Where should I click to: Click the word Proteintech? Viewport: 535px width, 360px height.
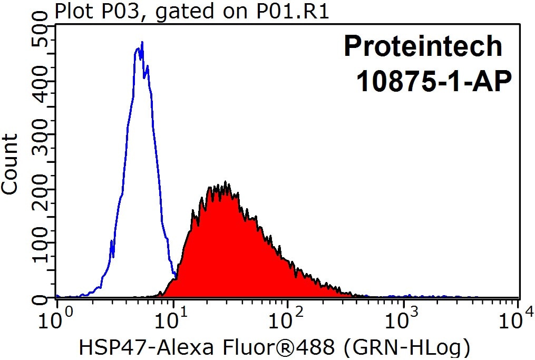(423, 46)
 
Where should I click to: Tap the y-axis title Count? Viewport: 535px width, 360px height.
(11, 164)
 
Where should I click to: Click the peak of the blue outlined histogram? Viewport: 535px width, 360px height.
(141, 43)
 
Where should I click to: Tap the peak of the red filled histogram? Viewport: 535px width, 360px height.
(226, 183)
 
